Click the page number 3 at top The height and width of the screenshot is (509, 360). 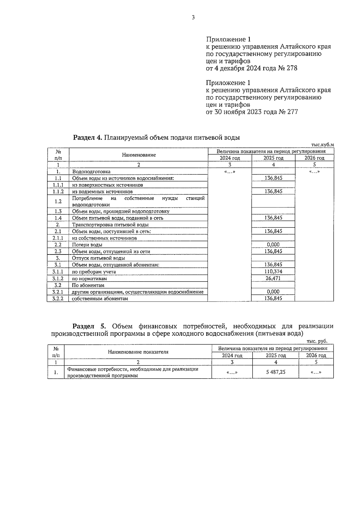tap(193, 18)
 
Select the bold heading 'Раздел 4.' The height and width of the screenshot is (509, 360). tap(88, 138)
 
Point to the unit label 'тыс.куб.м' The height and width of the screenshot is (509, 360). tap(322, 145)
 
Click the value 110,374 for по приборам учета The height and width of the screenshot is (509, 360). tap(273, 271)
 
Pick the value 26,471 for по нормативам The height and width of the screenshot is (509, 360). tap(273, 278)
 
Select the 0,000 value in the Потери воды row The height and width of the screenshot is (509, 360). tap(273, 245)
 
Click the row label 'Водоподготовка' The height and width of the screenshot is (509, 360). tap(91, 172)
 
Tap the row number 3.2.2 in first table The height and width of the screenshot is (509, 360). tap(58, 299)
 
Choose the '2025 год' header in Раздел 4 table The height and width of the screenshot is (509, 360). tap(273, 158)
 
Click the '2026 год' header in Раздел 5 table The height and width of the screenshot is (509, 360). tap(316, 356)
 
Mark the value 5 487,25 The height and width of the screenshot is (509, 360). tap(276, 372)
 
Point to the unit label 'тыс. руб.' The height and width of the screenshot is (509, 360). tap(317, 341)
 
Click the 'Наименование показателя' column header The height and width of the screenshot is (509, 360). tap(138, 352)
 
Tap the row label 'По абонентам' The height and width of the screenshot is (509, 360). tap(88, 285)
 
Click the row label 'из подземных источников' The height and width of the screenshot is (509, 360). tap(102, 192)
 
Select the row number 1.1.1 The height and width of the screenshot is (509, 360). tap(58, 185)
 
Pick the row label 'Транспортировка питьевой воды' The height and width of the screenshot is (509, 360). tap(110, 225)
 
